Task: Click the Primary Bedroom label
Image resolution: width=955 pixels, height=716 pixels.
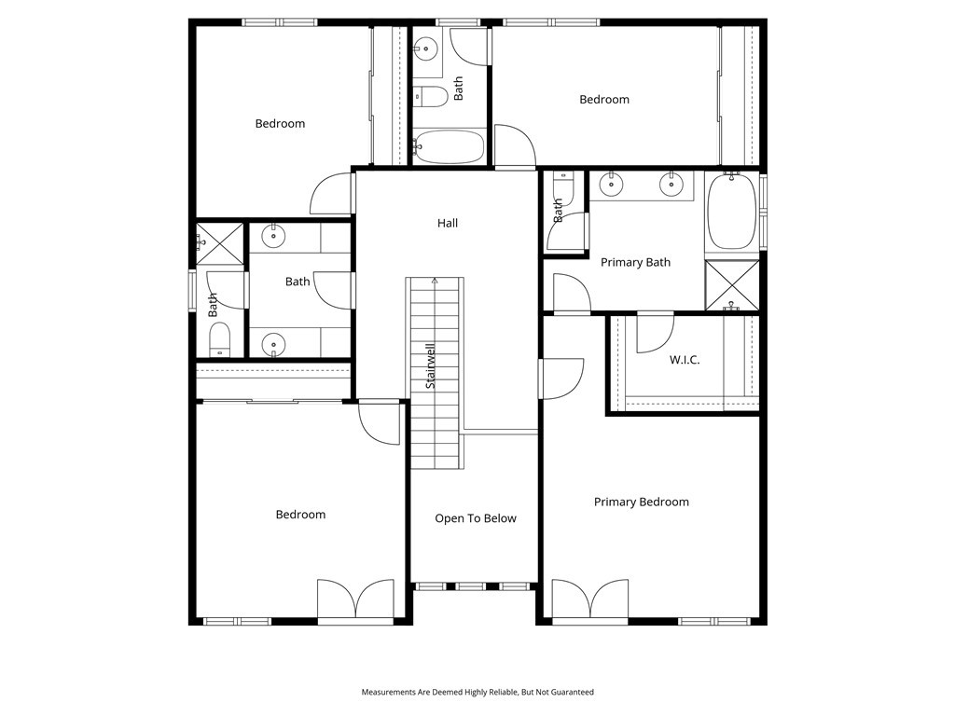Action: pyautogui.click(x=642, y=502)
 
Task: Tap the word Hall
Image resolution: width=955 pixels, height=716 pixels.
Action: pyautogui.click(x=448, y=223)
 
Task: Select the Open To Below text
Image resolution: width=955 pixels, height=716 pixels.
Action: pyautogui.click(x=475, y=518)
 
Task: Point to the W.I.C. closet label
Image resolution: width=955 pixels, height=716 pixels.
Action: pyautogui.click(x=685, y=360)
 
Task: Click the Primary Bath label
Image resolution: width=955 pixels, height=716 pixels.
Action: pyautogui.click(x=635, y=262)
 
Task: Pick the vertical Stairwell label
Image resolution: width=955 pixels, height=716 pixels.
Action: pyautogui.click(x=431, y=366)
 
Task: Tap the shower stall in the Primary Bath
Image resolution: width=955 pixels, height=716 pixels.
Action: pyautogui.click(x=731, y=285)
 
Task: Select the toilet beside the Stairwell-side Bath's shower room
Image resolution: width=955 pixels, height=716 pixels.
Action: pyautogui.click(x=219, y=339)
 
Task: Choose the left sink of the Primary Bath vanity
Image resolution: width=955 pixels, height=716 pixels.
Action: pyautogui.click(x=611, y=185)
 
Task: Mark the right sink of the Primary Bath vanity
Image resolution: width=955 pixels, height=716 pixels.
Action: pyautogui.click(x=671, y=185)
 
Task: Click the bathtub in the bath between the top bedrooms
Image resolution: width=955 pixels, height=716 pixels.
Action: pyautogui.click(x=450, y=147)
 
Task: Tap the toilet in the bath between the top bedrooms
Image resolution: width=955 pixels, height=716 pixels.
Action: pyautogui.click(x=431, y=95)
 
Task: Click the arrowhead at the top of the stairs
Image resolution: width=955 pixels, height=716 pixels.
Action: pyautogui.click(x=434, y=279)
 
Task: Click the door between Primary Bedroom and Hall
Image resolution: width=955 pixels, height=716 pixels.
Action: pyautogui.click(x=560, y=379)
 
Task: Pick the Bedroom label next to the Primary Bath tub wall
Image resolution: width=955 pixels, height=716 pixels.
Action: pyautogui.click(x=604, y=100)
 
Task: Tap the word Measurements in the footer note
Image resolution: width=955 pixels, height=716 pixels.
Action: pyautogui.click(x=393, y=693)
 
